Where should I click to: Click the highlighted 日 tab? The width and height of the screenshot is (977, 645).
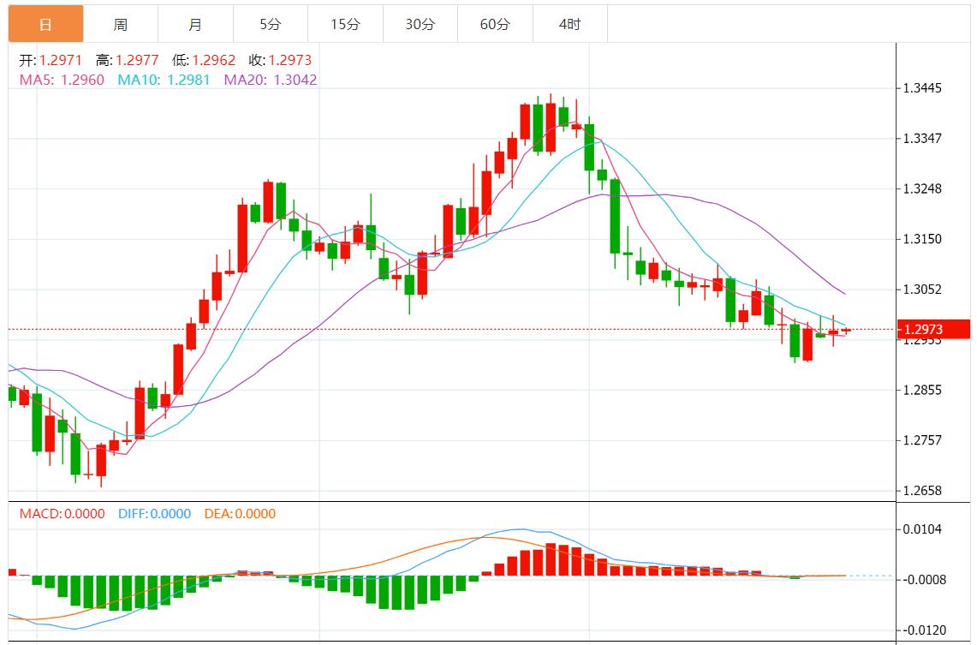46,24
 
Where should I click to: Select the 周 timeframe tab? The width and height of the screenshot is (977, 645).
121,24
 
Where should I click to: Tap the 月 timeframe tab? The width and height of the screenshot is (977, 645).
195,24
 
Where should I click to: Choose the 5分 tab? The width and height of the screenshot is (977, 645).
270,24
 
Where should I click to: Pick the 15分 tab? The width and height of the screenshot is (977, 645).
345,24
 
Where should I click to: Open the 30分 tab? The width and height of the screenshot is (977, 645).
420,24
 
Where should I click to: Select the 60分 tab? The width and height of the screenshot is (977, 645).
495,24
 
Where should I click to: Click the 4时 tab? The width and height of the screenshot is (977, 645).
569,24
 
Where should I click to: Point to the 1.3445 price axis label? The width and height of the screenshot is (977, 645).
923,88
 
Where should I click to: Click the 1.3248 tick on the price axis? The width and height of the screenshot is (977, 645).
923,188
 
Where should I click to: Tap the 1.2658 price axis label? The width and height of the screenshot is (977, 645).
923,491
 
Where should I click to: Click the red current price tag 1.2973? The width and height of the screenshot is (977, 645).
932,329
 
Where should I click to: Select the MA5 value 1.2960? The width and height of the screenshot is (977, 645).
83,80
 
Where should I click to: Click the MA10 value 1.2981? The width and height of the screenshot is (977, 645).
188,80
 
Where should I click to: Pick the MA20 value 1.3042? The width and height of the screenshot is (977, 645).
295,80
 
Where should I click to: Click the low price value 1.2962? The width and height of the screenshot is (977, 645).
215,61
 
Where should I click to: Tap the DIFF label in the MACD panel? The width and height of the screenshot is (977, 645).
133,514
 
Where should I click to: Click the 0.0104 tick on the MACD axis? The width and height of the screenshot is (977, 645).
923,529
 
